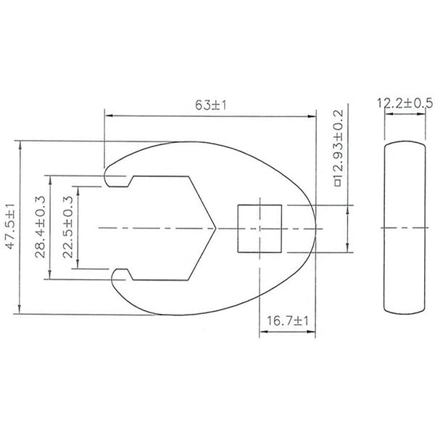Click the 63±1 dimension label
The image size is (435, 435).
click(x=211, y=106)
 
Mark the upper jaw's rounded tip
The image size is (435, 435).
click(x=111, y=175)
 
